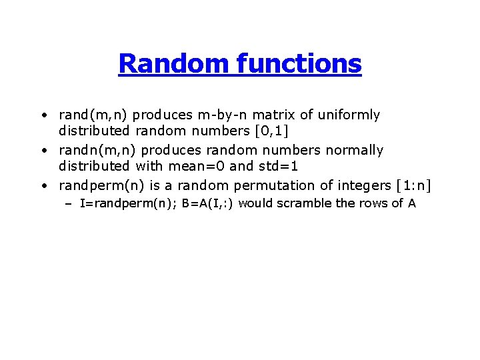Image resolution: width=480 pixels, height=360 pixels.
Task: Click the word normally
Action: [x=353, y=151]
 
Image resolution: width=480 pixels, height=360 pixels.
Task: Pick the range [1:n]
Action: [x=409, y=186]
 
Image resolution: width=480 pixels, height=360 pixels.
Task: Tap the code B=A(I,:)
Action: [x=207, y=204]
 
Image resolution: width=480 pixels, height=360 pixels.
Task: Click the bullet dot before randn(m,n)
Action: [x=43, y=151]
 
